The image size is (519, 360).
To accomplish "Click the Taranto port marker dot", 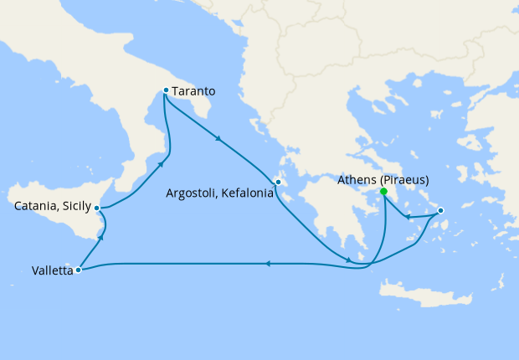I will click(x=166, y=90).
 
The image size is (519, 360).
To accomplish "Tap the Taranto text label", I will click(x=195, y=90).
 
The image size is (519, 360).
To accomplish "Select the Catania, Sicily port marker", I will click(x=98, y=208).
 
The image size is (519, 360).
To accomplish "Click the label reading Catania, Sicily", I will click(x=52, y=204).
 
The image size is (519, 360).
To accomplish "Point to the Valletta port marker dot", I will click(x=78, y=270).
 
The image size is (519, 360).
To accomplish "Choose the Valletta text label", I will click(x=52, y=270).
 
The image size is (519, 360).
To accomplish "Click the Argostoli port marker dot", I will click(x=278, y=182).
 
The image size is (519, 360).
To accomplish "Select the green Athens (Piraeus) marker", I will click(x=383, y=192).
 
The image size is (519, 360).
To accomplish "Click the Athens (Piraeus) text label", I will click(x=384, y=179).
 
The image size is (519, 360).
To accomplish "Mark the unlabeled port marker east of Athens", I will click(x=441, y=211).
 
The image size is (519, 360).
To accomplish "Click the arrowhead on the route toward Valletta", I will click(x=267, y=264).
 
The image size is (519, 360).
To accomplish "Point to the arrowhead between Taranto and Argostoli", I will click(x=219, y=139).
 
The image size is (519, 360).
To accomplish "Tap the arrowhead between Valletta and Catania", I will click(x=101, y=239).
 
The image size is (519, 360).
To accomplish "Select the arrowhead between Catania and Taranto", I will click(x=161, y=164).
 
